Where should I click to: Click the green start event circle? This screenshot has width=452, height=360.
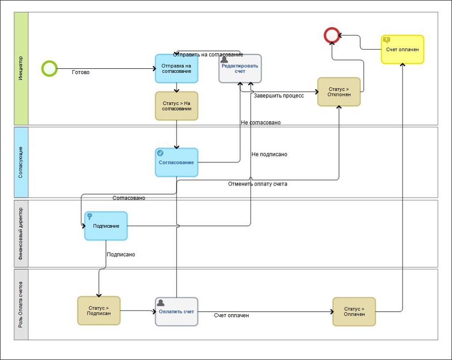[x=49, y=69]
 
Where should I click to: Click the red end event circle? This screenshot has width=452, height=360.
[x=332, y=35]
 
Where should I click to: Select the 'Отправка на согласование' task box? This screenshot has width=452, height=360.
[x=177, y=68]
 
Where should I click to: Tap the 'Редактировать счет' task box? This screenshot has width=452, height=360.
[x=240, y=68]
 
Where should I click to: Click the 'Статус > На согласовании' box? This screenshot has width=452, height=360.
[x=177, y=106]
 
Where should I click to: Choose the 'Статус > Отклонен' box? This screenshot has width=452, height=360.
[x=339, y=92]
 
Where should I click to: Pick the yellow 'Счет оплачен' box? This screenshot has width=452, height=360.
[x=402, y=49]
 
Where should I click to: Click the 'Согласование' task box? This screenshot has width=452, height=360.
[x=177, y=163]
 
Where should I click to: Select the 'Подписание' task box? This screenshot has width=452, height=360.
[x=106, y=226]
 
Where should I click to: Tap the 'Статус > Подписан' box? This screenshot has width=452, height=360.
[x=99, y=311]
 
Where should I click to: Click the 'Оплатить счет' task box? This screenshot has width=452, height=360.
[x=177, y=312]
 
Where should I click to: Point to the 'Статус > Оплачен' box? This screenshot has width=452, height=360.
[x=354, y=312]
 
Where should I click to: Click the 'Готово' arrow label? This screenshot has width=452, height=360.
[x=81, y=72]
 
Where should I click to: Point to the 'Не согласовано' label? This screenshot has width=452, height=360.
[x=261, y=122]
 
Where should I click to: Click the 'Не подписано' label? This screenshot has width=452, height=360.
[x=269, y=154]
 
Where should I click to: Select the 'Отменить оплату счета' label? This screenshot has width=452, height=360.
[x=258, y=184]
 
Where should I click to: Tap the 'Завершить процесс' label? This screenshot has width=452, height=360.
[x=279, y=96]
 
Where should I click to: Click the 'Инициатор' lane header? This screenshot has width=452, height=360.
[x=21, y=68]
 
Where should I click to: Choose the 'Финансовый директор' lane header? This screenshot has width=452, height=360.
[x=21, y=234]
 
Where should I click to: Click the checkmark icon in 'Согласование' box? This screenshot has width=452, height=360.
[x=160, y=153]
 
